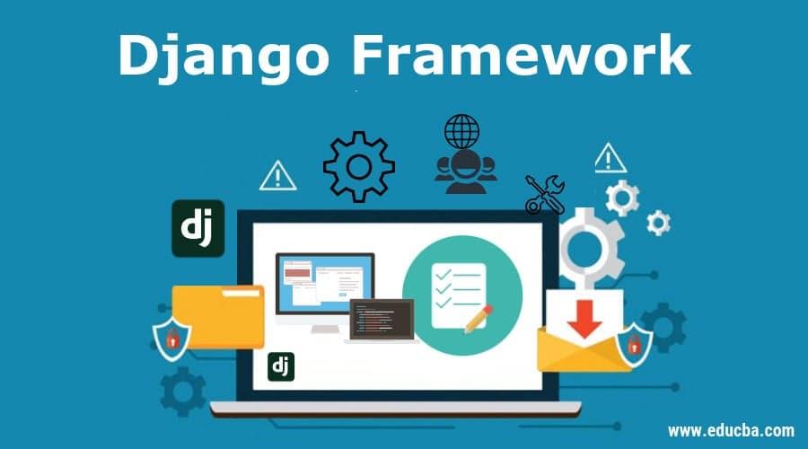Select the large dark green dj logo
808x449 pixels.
pos(198,228)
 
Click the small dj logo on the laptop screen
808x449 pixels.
pos(281,366)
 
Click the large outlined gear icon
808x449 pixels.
pos(359,166)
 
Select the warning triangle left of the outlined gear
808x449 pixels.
pos(277,176)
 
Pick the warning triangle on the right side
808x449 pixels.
pos(610,158)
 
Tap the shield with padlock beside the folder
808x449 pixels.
pos(171,336)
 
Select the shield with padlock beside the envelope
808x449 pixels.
pos(634,342)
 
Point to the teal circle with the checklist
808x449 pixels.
pos(461,286)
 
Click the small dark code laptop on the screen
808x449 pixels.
pos(382,321)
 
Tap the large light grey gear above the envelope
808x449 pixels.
pos(587,242)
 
